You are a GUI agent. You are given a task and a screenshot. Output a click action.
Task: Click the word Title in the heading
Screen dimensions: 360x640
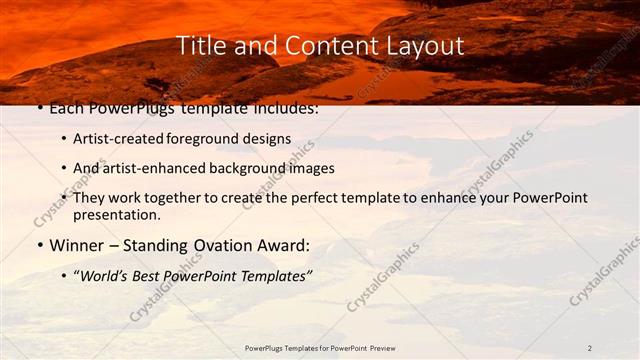click(x=199, y=46)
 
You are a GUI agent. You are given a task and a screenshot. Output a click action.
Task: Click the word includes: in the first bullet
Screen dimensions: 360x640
click(x=285, y=107)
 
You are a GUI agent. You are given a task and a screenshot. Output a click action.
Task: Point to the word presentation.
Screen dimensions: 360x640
click(x=118, y=214)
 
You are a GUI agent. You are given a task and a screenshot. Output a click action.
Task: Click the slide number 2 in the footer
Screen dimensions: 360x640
click(x=590, y=348)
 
